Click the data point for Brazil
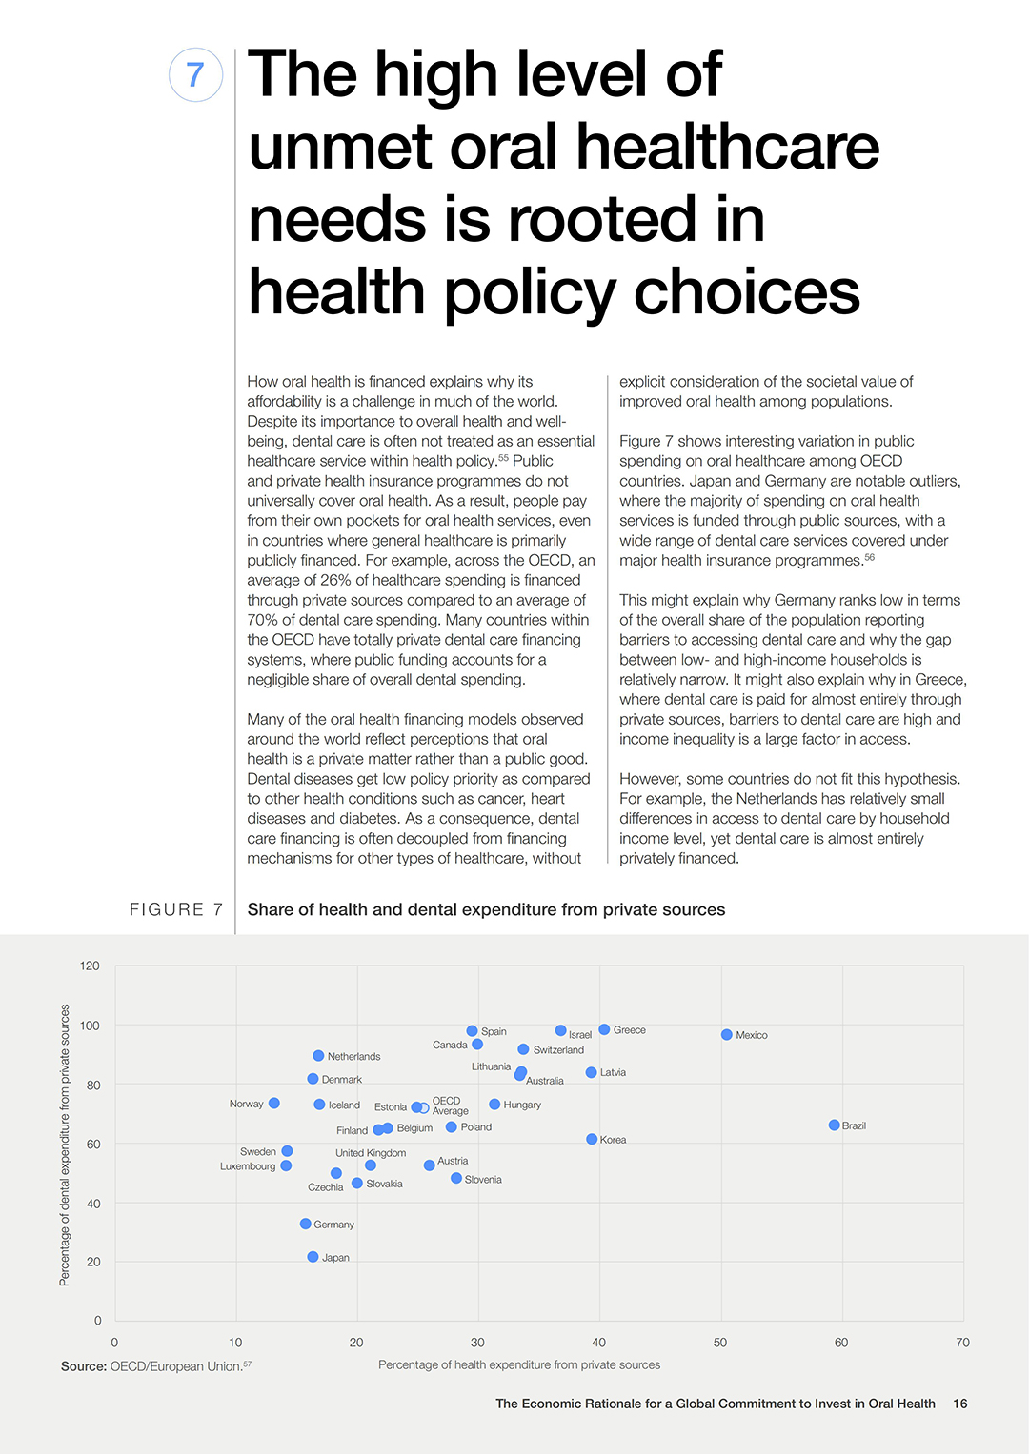tap(834, 1125)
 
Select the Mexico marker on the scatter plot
tap(726, 1034)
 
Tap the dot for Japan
tap(313, 1257)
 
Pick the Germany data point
tap(305, 1224)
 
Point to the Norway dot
tap(274, 1103)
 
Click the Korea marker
tap(592, 1139)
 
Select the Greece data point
tap(604, 1029)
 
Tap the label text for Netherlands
tap(354, 1056)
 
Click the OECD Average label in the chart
tap(450, 1105)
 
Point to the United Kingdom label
tap(371, 1153)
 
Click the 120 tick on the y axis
tap(90, 966)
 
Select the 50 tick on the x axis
tap(719, 1343)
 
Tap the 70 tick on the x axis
tap(962, 1343)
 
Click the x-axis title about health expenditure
tap(519, 1365)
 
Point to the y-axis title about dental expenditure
tap(65, 1145)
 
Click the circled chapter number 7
tap(195, 74)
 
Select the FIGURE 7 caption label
tap(176, 909)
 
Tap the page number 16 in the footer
tap(960, 1404)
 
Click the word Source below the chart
tap(84, 1366)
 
